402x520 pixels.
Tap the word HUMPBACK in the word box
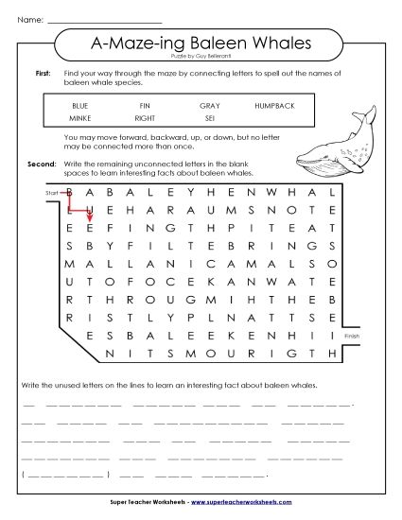point(274,106)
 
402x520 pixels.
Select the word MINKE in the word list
point(80,119)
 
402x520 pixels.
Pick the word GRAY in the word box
point(209,106)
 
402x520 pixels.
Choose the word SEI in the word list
point(209,119)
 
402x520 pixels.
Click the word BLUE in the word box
point(80,106)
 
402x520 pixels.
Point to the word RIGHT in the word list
point(145,119)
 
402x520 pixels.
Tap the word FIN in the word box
point(145,106)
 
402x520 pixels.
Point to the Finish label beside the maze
point(352,336)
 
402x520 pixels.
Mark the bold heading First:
point(43,73)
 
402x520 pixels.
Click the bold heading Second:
point(42,163)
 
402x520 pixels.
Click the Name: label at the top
point(29,18)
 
